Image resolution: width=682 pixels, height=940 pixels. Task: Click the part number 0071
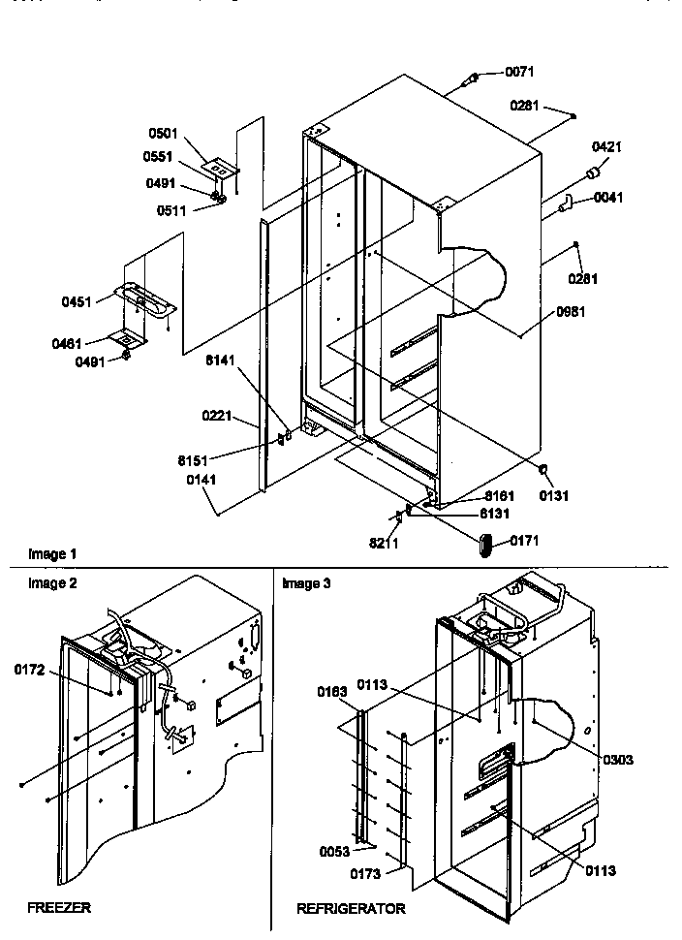(519, 72)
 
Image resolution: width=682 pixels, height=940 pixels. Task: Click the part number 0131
(555, 495)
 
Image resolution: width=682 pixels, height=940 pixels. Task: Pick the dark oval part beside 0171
(487, 543)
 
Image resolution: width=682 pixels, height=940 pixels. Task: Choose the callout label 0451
(77, 301)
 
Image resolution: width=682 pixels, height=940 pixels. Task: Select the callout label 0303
(617, 759)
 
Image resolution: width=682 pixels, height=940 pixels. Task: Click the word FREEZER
(59, 908)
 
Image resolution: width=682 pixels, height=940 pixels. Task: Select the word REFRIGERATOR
(352, 909)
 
